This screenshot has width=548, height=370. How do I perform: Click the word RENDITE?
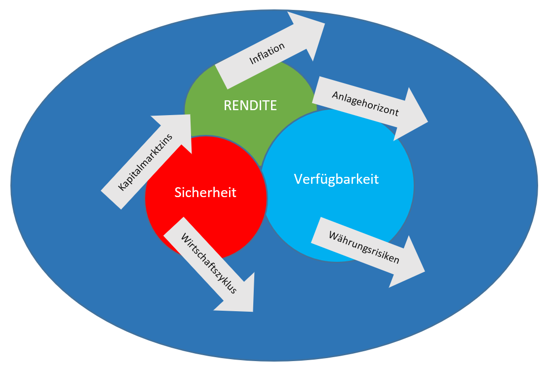coord(250,105)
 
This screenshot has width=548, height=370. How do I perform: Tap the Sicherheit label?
coord(205,192)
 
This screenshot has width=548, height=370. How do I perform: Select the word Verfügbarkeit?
coord(336,178)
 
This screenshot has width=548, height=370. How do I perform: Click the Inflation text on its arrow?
coord(267,54)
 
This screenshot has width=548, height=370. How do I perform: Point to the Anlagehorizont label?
coord(365,103)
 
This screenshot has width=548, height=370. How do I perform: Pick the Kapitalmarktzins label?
coord(146,162)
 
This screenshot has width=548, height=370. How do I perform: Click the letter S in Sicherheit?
coord(178,192)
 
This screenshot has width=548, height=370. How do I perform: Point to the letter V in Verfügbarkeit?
coord(298,178)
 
